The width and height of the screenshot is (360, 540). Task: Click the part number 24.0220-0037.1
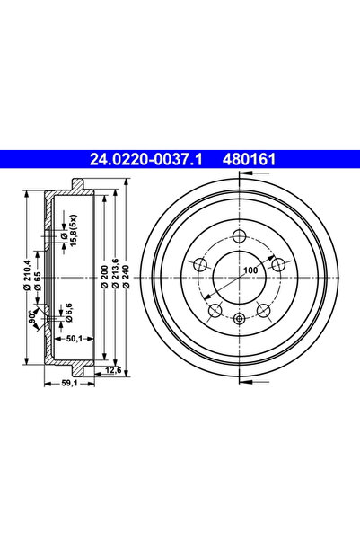[x=145, y=159]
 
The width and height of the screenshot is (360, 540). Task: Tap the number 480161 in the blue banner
[x=250, y=159]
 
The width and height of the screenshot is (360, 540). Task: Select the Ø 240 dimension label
[x=126, y=276]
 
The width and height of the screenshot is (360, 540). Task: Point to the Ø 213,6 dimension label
[x=116, y=273]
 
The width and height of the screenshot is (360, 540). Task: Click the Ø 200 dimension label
[x=105, y=276]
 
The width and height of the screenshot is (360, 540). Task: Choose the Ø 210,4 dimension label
[x=28, y=275]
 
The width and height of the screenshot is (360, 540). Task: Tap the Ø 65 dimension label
[x=38, y=280]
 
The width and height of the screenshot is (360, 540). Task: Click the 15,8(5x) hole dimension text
[x=73, y=230]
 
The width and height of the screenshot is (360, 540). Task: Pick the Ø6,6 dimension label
[x=68, y=313]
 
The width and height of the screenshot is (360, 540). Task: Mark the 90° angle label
[x=32, y=316]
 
